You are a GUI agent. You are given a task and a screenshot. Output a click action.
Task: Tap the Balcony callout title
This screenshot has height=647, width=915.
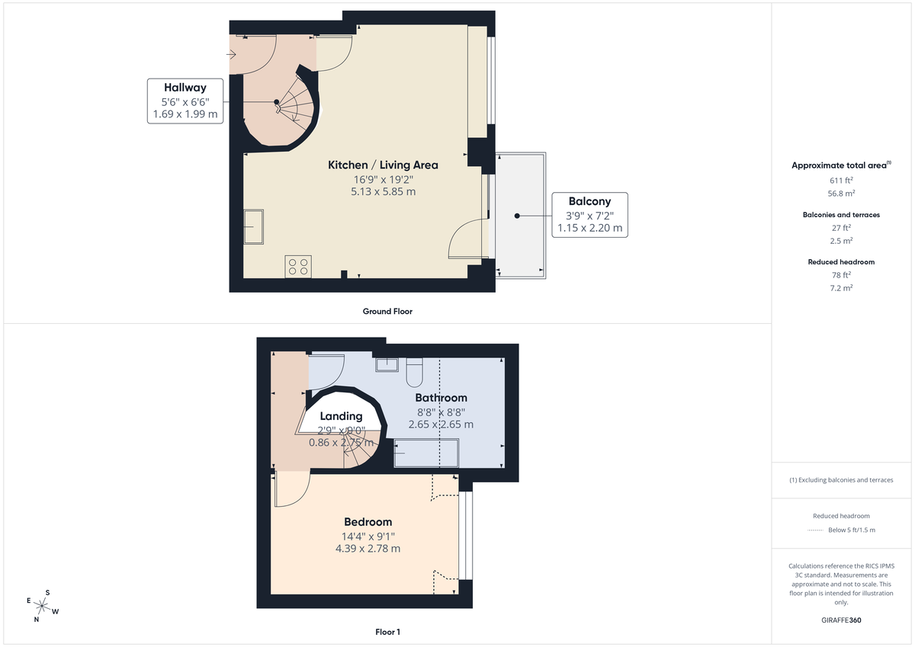tap(589, 201)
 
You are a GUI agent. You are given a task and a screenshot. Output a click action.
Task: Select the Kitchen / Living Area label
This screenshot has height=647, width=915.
tap(383, 165)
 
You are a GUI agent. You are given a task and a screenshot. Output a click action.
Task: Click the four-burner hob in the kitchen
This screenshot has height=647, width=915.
tap(298, 266)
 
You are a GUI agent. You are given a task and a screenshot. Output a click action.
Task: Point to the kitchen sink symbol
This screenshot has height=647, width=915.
tap(254, 227)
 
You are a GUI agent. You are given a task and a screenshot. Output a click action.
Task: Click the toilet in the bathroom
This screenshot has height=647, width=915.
tap(416, 371)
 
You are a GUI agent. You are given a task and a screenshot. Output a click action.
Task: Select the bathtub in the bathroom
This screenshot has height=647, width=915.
tap(425, 456)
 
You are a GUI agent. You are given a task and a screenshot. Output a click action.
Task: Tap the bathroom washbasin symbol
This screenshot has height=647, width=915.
tap(387, 364)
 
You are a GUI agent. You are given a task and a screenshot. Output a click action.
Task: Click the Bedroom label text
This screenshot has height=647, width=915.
tap(368, 522)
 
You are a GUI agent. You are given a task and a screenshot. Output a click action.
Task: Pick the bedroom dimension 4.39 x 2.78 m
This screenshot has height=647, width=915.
tap(368, 548)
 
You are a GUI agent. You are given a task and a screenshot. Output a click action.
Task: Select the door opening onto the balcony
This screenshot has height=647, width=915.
tap(467, 239)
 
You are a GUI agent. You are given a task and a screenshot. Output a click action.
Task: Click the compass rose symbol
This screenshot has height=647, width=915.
tap(43, 606)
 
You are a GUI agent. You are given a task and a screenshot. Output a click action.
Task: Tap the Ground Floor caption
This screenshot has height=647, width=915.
tap(387, 311)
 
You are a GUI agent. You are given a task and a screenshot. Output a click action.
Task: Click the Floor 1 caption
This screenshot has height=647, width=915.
tap(387, 632)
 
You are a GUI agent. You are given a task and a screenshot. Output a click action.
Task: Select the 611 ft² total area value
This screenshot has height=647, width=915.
tap(840, 181)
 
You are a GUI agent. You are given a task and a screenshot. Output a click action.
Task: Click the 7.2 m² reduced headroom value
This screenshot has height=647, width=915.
tap(840, 288)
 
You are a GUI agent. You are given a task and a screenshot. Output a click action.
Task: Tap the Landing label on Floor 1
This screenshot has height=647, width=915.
tap(341, 416)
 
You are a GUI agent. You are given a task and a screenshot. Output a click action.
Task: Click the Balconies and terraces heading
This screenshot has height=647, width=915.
tap(840, 215)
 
